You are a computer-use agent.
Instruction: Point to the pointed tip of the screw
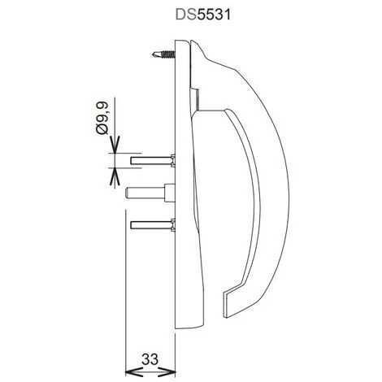click(x=152, y=56)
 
